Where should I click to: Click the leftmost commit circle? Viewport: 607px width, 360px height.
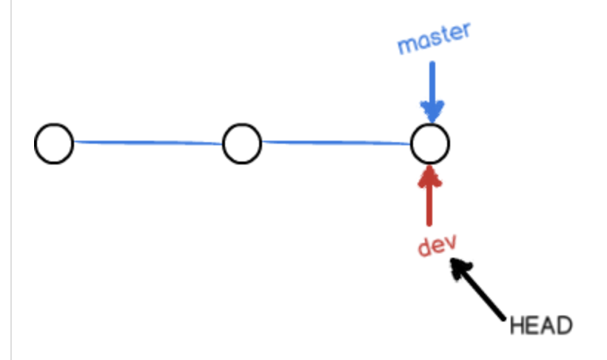(x=54, y=143)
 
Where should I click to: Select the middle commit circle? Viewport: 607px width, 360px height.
(x=242, y=143)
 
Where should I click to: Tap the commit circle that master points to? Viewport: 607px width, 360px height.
(x=430, y=143)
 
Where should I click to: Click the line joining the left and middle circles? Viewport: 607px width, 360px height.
(x=148, y=142)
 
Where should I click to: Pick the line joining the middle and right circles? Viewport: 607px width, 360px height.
(x=336, y=142)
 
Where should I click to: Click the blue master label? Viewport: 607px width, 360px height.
(x=434, y=39)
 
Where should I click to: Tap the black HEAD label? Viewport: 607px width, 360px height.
(x=541, y=325)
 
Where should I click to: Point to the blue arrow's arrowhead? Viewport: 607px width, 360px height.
(x=432, y=113)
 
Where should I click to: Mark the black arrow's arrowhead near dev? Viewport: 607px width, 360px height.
(x=461, y=268)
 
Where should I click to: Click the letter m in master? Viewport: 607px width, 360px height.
(x=406, y=47)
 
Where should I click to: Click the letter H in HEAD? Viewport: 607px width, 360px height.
(x=517, y=325)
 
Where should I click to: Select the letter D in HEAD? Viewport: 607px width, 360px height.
(x=564, y=325)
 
